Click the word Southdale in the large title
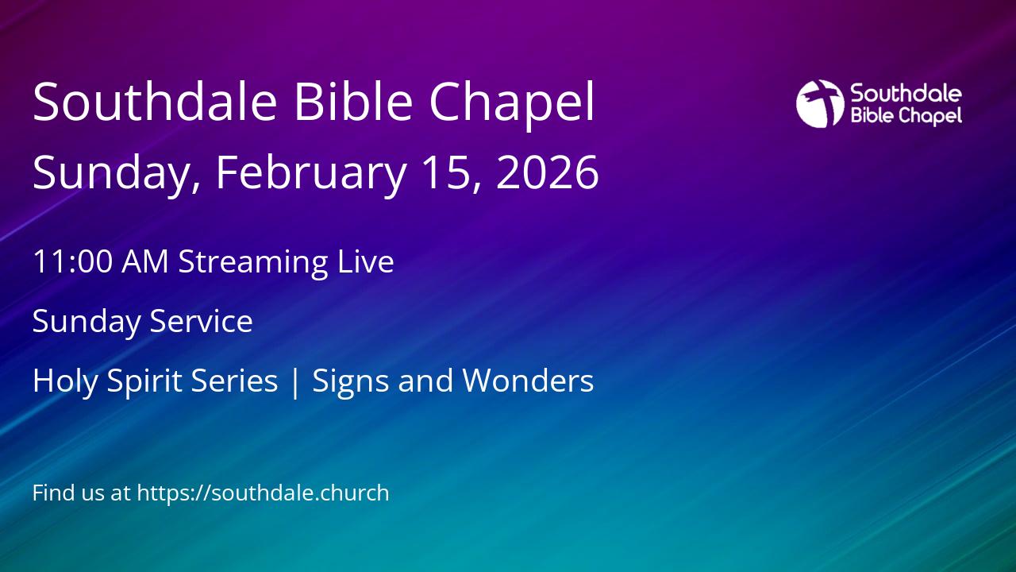pyautogui.click(x=155, y=102)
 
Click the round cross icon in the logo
pyautogui.click(x=819, y=103)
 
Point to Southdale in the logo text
pyautogui.click(x=906, y=94)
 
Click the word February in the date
pyautogui.click(x=310, y=172)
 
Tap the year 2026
pyautogui.click(x=547, y=172)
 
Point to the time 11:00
pyautogui.click(x=72, y=262)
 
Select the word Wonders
pyautogui.click(x=528, y=381)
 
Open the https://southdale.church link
pyautogui.click(x=263, y=493)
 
